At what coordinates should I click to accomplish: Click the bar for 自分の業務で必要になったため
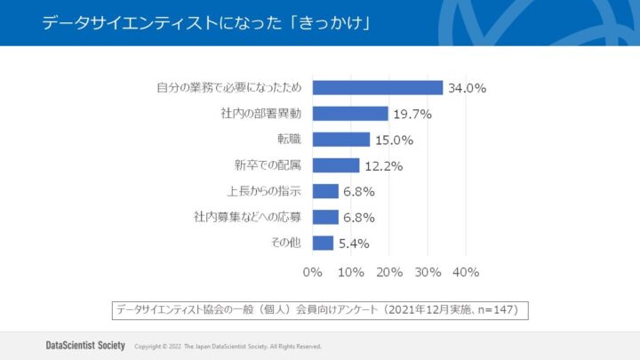click(378, 87)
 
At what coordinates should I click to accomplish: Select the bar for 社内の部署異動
click(350, 113)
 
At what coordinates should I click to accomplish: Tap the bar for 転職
click(341, 139)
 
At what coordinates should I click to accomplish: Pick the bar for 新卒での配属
click(336, 165)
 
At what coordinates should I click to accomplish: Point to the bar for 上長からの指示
click(325, 191)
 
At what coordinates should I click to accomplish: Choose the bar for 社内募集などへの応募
click(325, 217)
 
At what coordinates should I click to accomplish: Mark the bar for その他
click(323, 243)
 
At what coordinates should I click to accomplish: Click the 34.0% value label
click(468, 88)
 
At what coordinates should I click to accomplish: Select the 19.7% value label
click(413, 114)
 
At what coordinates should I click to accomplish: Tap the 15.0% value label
click(395, 140)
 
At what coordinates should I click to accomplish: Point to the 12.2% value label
click(384, 165)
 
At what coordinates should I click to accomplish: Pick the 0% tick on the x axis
click(313, 271)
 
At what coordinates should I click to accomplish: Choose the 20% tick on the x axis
click(389, 271)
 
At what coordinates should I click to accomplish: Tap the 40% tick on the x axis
click(467, 271)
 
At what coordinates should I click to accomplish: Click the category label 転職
click(290, 140)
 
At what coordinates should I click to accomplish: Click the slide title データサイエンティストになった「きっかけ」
click(205, 23)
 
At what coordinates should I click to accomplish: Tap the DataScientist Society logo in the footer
click(85, 345)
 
